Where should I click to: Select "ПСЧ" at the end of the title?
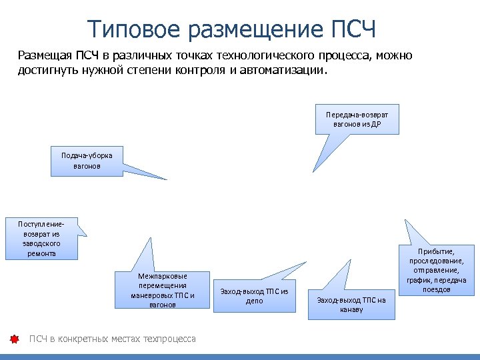tap(353, 29)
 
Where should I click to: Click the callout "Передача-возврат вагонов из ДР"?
tap(357, 119)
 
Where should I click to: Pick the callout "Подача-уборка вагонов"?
tap(87, 161)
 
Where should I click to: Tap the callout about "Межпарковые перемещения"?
tap(163, 290)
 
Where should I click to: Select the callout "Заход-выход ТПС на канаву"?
tap(351, 305)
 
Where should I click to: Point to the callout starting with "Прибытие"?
tap(437, 270)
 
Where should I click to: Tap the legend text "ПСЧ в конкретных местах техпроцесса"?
tap(113, 339)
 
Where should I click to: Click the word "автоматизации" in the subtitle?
tap(283, 69)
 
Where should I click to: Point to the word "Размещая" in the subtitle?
tap(43, 55)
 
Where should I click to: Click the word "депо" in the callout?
tap(255, 301)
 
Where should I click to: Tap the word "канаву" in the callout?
tap(351, 309)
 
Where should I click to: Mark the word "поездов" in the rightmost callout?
tap(437, 289)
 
